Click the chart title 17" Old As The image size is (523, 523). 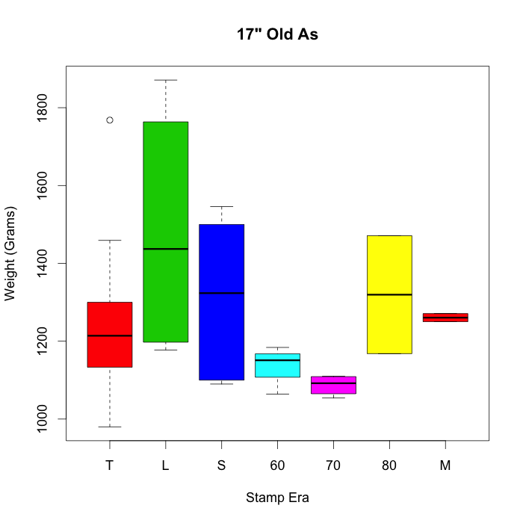coord(277,34)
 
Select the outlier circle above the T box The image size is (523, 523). coord(110,120)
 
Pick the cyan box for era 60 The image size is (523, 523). coord(277,365)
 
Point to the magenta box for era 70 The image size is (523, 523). coord(333,386)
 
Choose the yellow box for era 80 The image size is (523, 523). coord(389,269)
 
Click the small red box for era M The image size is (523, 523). coord(445,318)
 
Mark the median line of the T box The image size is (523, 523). coord(110,335)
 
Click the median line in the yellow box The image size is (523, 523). coord(389,294)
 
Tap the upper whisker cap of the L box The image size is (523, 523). coord(165,80)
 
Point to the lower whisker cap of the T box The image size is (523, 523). coord(110,427)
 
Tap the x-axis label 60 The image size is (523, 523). coord(277,465)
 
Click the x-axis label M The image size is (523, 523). coord(445,465)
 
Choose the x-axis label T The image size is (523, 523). coord(110,465)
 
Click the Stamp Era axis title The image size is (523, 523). coord(277,498)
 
